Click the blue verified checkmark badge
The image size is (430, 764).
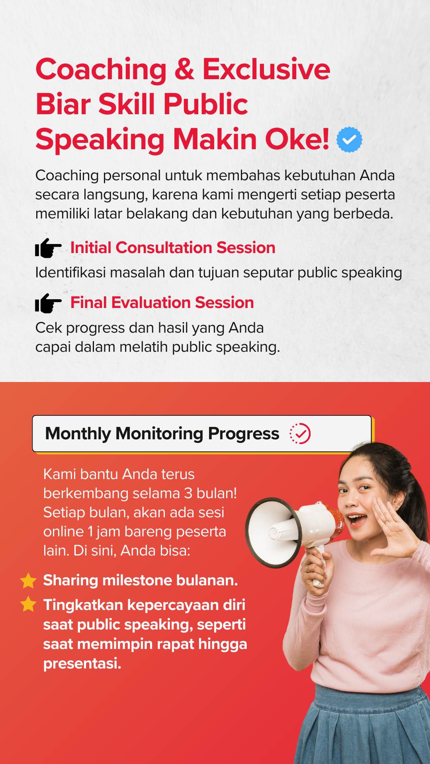point(349,139)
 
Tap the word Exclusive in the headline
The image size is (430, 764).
point(266,69)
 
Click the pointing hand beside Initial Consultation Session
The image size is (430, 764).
point(48,248)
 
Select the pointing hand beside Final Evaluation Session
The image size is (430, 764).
point(48,303)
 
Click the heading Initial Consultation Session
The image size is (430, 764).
point(173,248)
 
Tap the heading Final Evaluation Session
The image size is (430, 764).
point(162,302)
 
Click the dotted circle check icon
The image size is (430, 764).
point(300,433)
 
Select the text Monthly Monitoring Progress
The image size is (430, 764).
point(162,434)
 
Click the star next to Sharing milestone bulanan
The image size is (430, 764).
point(28,581)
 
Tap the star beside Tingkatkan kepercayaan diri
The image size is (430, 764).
point(28,604)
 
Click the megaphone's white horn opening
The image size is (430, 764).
point(274,532)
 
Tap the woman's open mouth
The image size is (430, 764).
point(357,519)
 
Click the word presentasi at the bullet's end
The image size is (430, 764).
point(82,663)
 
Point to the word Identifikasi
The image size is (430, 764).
point(71,273)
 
